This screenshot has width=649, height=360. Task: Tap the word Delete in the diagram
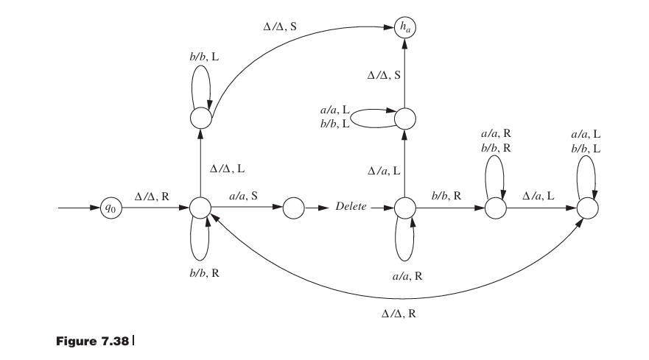351,208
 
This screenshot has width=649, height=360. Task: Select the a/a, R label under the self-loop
407,275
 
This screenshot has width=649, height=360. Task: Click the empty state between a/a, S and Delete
293,208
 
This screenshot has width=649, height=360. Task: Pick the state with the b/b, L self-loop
201,117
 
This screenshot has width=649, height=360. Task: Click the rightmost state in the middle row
587,208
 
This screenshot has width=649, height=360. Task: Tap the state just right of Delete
405,208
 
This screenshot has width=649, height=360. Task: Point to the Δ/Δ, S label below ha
384,75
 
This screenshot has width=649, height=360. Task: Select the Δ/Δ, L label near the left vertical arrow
228,168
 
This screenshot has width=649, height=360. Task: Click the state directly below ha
405,118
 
